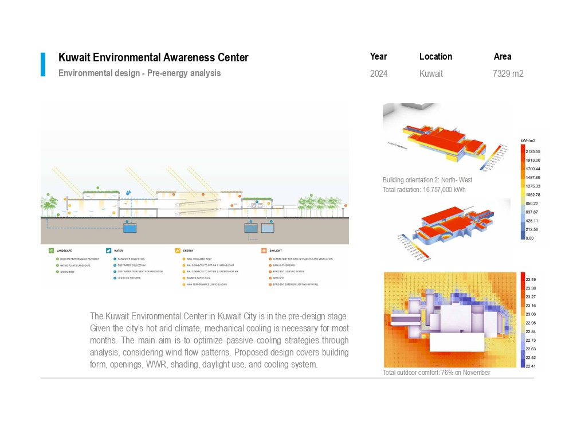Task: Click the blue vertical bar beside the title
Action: click(43, 64)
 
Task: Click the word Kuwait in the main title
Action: click(74, 57)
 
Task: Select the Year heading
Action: click(378, 56)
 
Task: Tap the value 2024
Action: click(378, 73)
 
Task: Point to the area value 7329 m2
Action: click(508, 73)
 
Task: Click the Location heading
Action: click(435, 56)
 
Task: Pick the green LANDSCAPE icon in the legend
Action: click(52, 251)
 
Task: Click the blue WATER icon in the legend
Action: click(108, 251)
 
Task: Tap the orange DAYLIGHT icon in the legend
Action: click(264, 251)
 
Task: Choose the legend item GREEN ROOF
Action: click(66, 272)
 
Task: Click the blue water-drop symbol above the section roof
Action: click(128, 193)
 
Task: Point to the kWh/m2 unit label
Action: click(528, 140)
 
